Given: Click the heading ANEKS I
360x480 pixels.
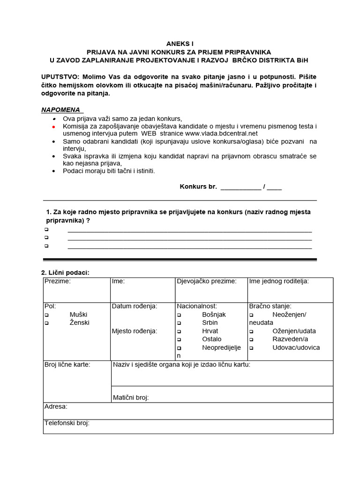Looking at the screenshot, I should point(180,43).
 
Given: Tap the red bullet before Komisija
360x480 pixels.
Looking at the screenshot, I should point(53,127).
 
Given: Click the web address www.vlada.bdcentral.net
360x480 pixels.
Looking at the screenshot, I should point(218,133).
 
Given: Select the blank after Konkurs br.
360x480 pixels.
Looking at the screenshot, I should point(240,187).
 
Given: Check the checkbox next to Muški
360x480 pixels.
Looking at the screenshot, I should point(46,315).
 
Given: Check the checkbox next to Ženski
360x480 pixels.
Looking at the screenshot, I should point(46,323).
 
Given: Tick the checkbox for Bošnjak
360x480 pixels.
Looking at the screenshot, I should point(179,315).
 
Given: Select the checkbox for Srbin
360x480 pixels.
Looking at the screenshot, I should point(179,323).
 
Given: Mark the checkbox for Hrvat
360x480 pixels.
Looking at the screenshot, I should point(179,331).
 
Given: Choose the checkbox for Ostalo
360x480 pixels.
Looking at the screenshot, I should point(179,339).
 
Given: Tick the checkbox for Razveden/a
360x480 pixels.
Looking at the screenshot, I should point(251,339).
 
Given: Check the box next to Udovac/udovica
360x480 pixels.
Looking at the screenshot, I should point(251,348).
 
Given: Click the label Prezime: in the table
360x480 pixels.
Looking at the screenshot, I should point(57,281).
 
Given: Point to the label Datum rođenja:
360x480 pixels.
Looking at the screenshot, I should point(134,306).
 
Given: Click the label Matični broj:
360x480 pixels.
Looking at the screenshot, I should point(131,397).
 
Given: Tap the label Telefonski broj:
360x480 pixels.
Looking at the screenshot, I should point(67,423).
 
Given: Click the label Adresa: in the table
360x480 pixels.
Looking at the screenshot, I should point(56,406).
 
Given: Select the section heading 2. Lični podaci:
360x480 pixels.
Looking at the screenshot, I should point(65,272).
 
